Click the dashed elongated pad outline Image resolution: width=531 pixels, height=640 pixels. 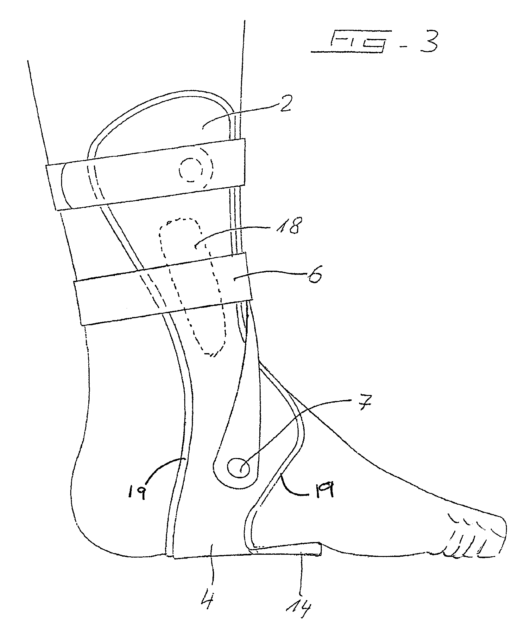coord(193,285)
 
